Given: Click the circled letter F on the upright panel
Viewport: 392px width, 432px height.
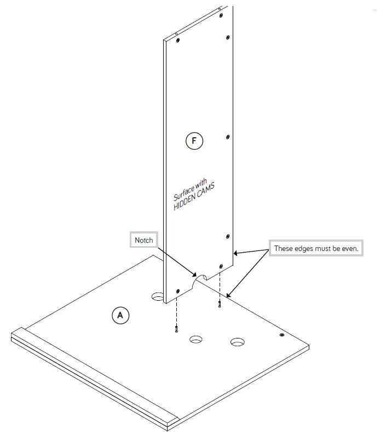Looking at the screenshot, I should coord(194,141).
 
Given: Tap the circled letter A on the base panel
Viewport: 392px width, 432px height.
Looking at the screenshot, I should coord(120,315).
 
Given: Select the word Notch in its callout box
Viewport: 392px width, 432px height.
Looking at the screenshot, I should coord(145,240).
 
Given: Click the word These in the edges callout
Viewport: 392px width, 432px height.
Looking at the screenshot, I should coord(284,248).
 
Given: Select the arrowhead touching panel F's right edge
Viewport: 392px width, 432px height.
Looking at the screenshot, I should coord(236,253).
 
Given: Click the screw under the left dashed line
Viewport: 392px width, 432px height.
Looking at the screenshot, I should coord(176,329).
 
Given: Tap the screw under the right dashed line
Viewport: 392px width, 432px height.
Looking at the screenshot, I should coord(220,304).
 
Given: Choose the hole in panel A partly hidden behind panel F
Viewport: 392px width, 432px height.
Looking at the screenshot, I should coord(158,296).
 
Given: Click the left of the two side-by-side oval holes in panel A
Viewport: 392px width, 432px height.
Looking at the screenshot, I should coord(196,340).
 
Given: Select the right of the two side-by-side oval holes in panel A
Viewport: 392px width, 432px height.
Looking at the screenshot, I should coord(238,342).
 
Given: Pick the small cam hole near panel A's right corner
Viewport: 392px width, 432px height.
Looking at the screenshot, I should coord(281,334).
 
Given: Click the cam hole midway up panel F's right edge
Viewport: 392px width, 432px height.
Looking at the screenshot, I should coord(228,137).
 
